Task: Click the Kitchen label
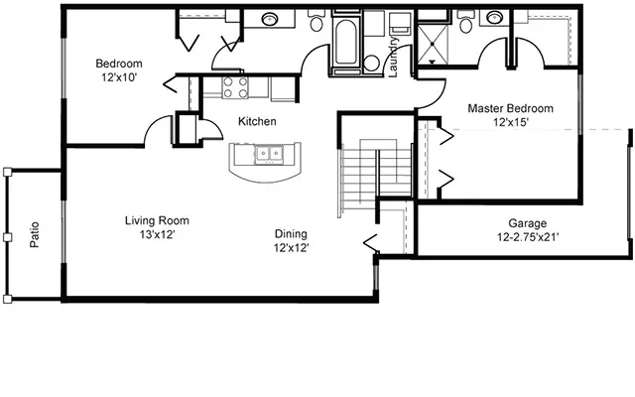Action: (x=256, y=121)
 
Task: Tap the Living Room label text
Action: (x=157, y=220)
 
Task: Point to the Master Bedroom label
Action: (x=510, y=108)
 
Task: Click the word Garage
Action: (x=527, y=224)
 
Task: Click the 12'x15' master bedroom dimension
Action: (x=510, y=122)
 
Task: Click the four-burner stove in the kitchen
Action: (x=235, y=87)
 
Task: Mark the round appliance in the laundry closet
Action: (x=371, y=63)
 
